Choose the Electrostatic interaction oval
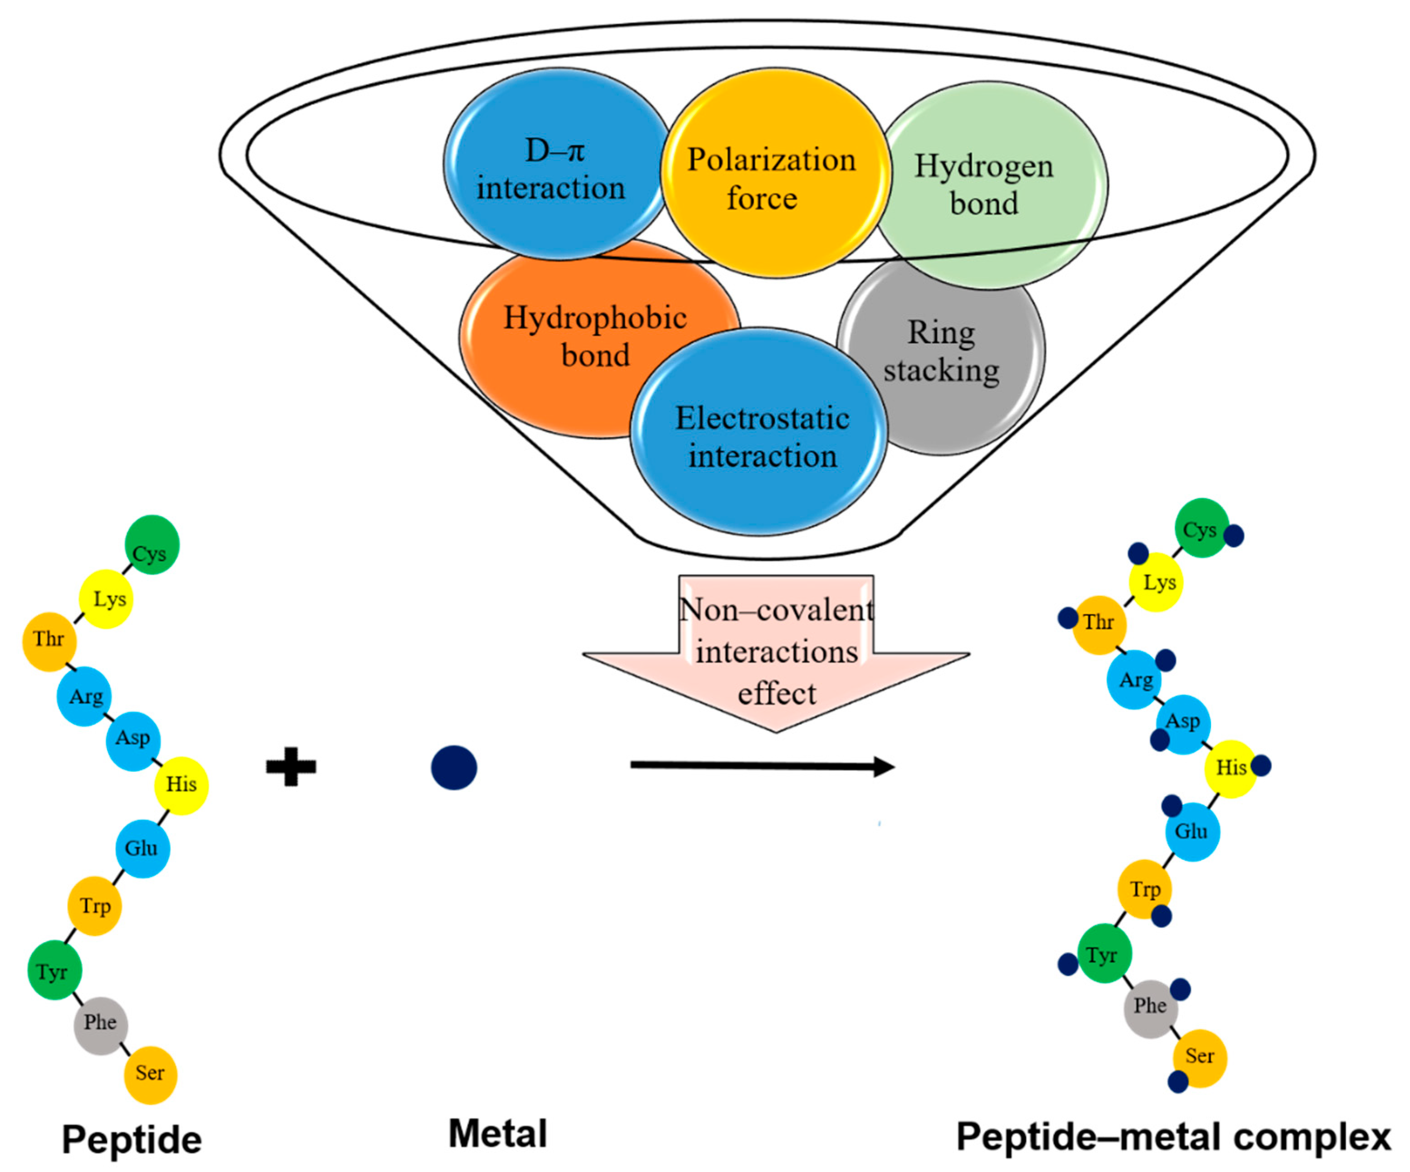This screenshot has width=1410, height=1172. [x=758, y=431]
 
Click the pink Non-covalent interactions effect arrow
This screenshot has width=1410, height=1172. [x=776, y=653]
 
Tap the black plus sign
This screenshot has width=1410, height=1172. [x=291, y=766]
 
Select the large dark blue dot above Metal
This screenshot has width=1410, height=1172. [x=454, y=767]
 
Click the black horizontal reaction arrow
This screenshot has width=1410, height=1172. [x=763, y=766]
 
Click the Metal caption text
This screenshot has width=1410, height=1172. [x=497, y=1134]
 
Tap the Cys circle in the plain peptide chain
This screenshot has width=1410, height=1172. [x=152, y=544]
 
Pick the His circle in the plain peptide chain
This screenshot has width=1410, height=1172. [x=181, y=785]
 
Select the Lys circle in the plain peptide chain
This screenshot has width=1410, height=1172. [x=106, y=599]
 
